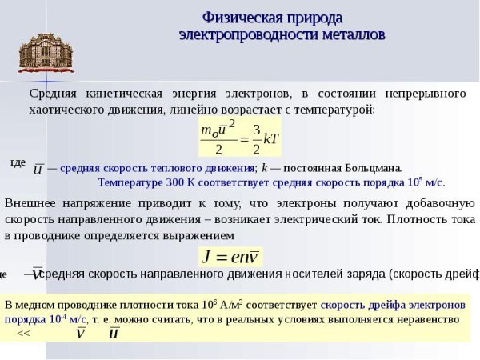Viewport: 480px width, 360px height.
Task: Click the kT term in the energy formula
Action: (271, 138)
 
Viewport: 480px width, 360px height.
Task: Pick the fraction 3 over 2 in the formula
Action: (256, 138)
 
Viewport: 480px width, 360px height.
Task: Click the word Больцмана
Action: (373, 168)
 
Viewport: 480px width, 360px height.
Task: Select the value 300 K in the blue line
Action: (178, 182)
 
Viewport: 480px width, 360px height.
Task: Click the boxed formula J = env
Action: (230, 257)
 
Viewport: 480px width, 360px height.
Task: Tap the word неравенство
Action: (429, 319)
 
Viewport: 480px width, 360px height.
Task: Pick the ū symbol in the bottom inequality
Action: (114, 333)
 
